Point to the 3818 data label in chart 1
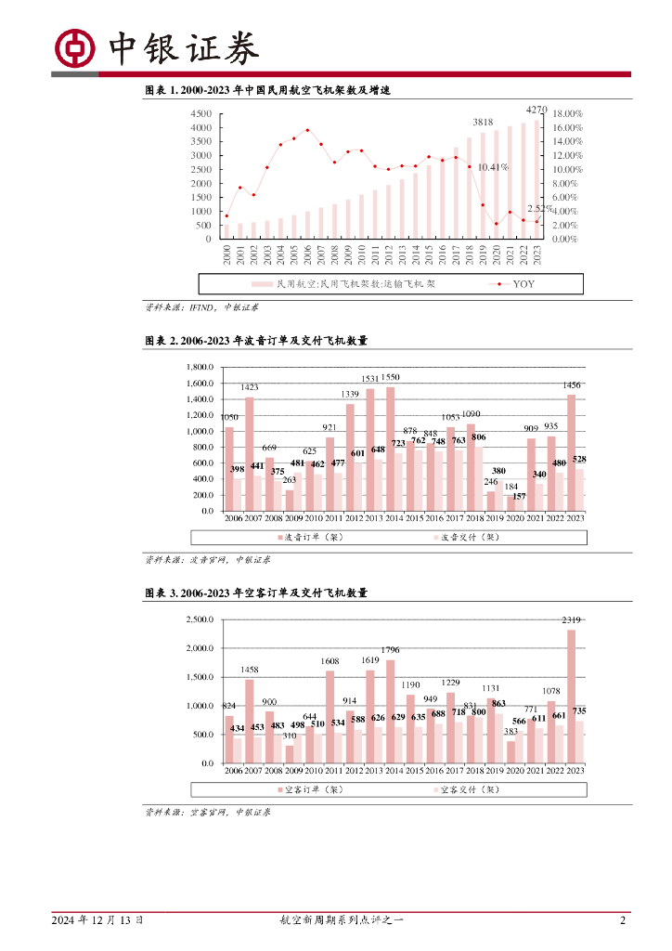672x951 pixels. point(483,123)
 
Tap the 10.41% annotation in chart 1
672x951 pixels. point(493,167)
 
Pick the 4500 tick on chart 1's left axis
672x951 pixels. point(200,114)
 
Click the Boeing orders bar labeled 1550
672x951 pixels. point(390,446)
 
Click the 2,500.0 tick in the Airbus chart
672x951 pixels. point(200,619)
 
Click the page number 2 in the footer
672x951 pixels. point(623,920)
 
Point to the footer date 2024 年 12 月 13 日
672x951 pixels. point(97,920)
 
